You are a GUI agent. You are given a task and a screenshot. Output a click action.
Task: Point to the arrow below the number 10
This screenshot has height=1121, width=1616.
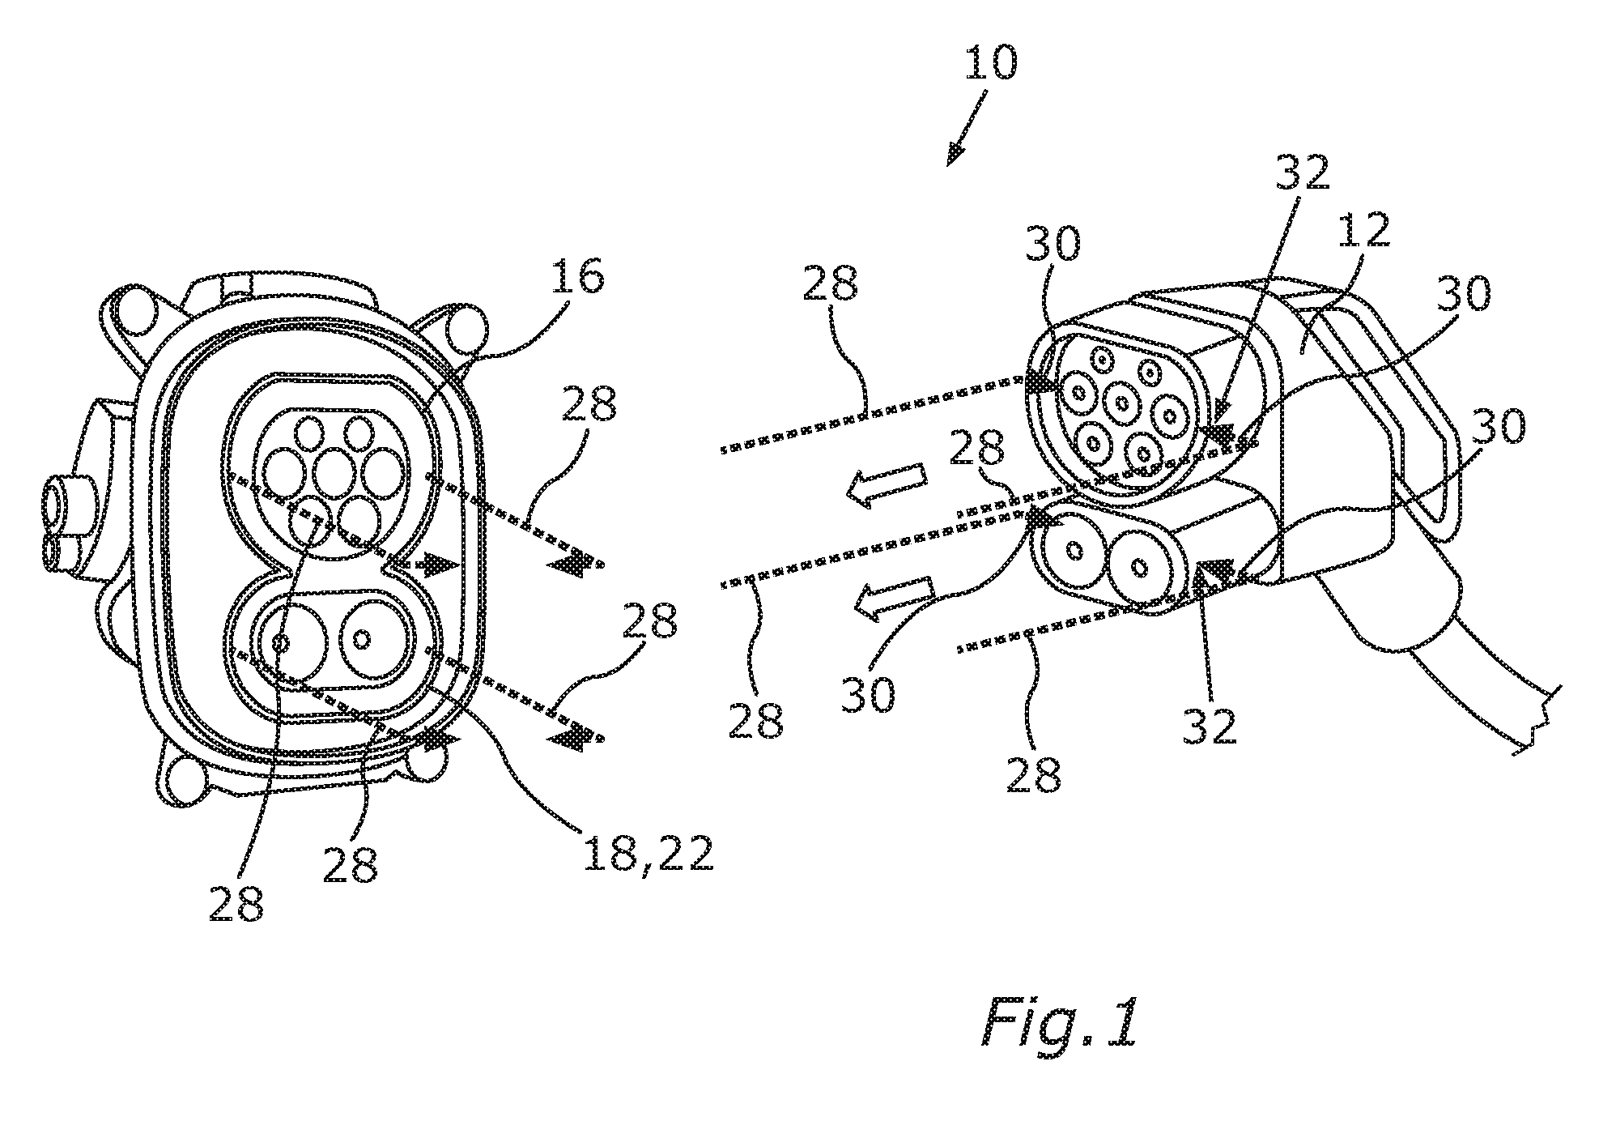[x=968, y=128]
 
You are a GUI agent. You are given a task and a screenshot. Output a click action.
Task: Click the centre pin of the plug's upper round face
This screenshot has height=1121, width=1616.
[x=1121, y=403]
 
